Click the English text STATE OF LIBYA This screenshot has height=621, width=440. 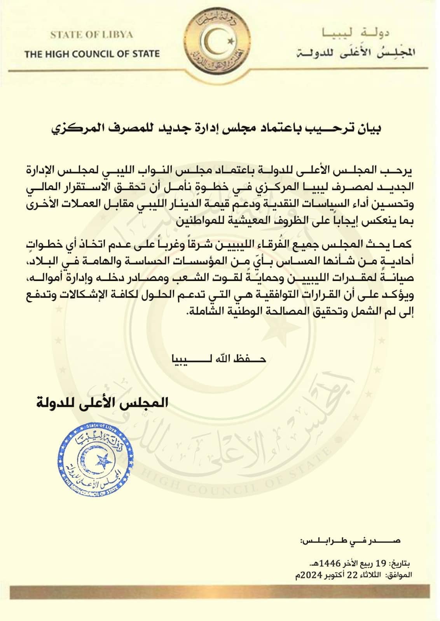(x=91, y=35)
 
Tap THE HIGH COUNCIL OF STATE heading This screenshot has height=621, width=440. (x=92, y=54)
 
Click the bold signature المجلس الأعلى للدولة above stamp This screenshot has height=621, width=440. (x=102, y=402)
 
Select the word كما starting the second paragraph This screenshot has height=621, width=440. (x=404, y=245)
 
